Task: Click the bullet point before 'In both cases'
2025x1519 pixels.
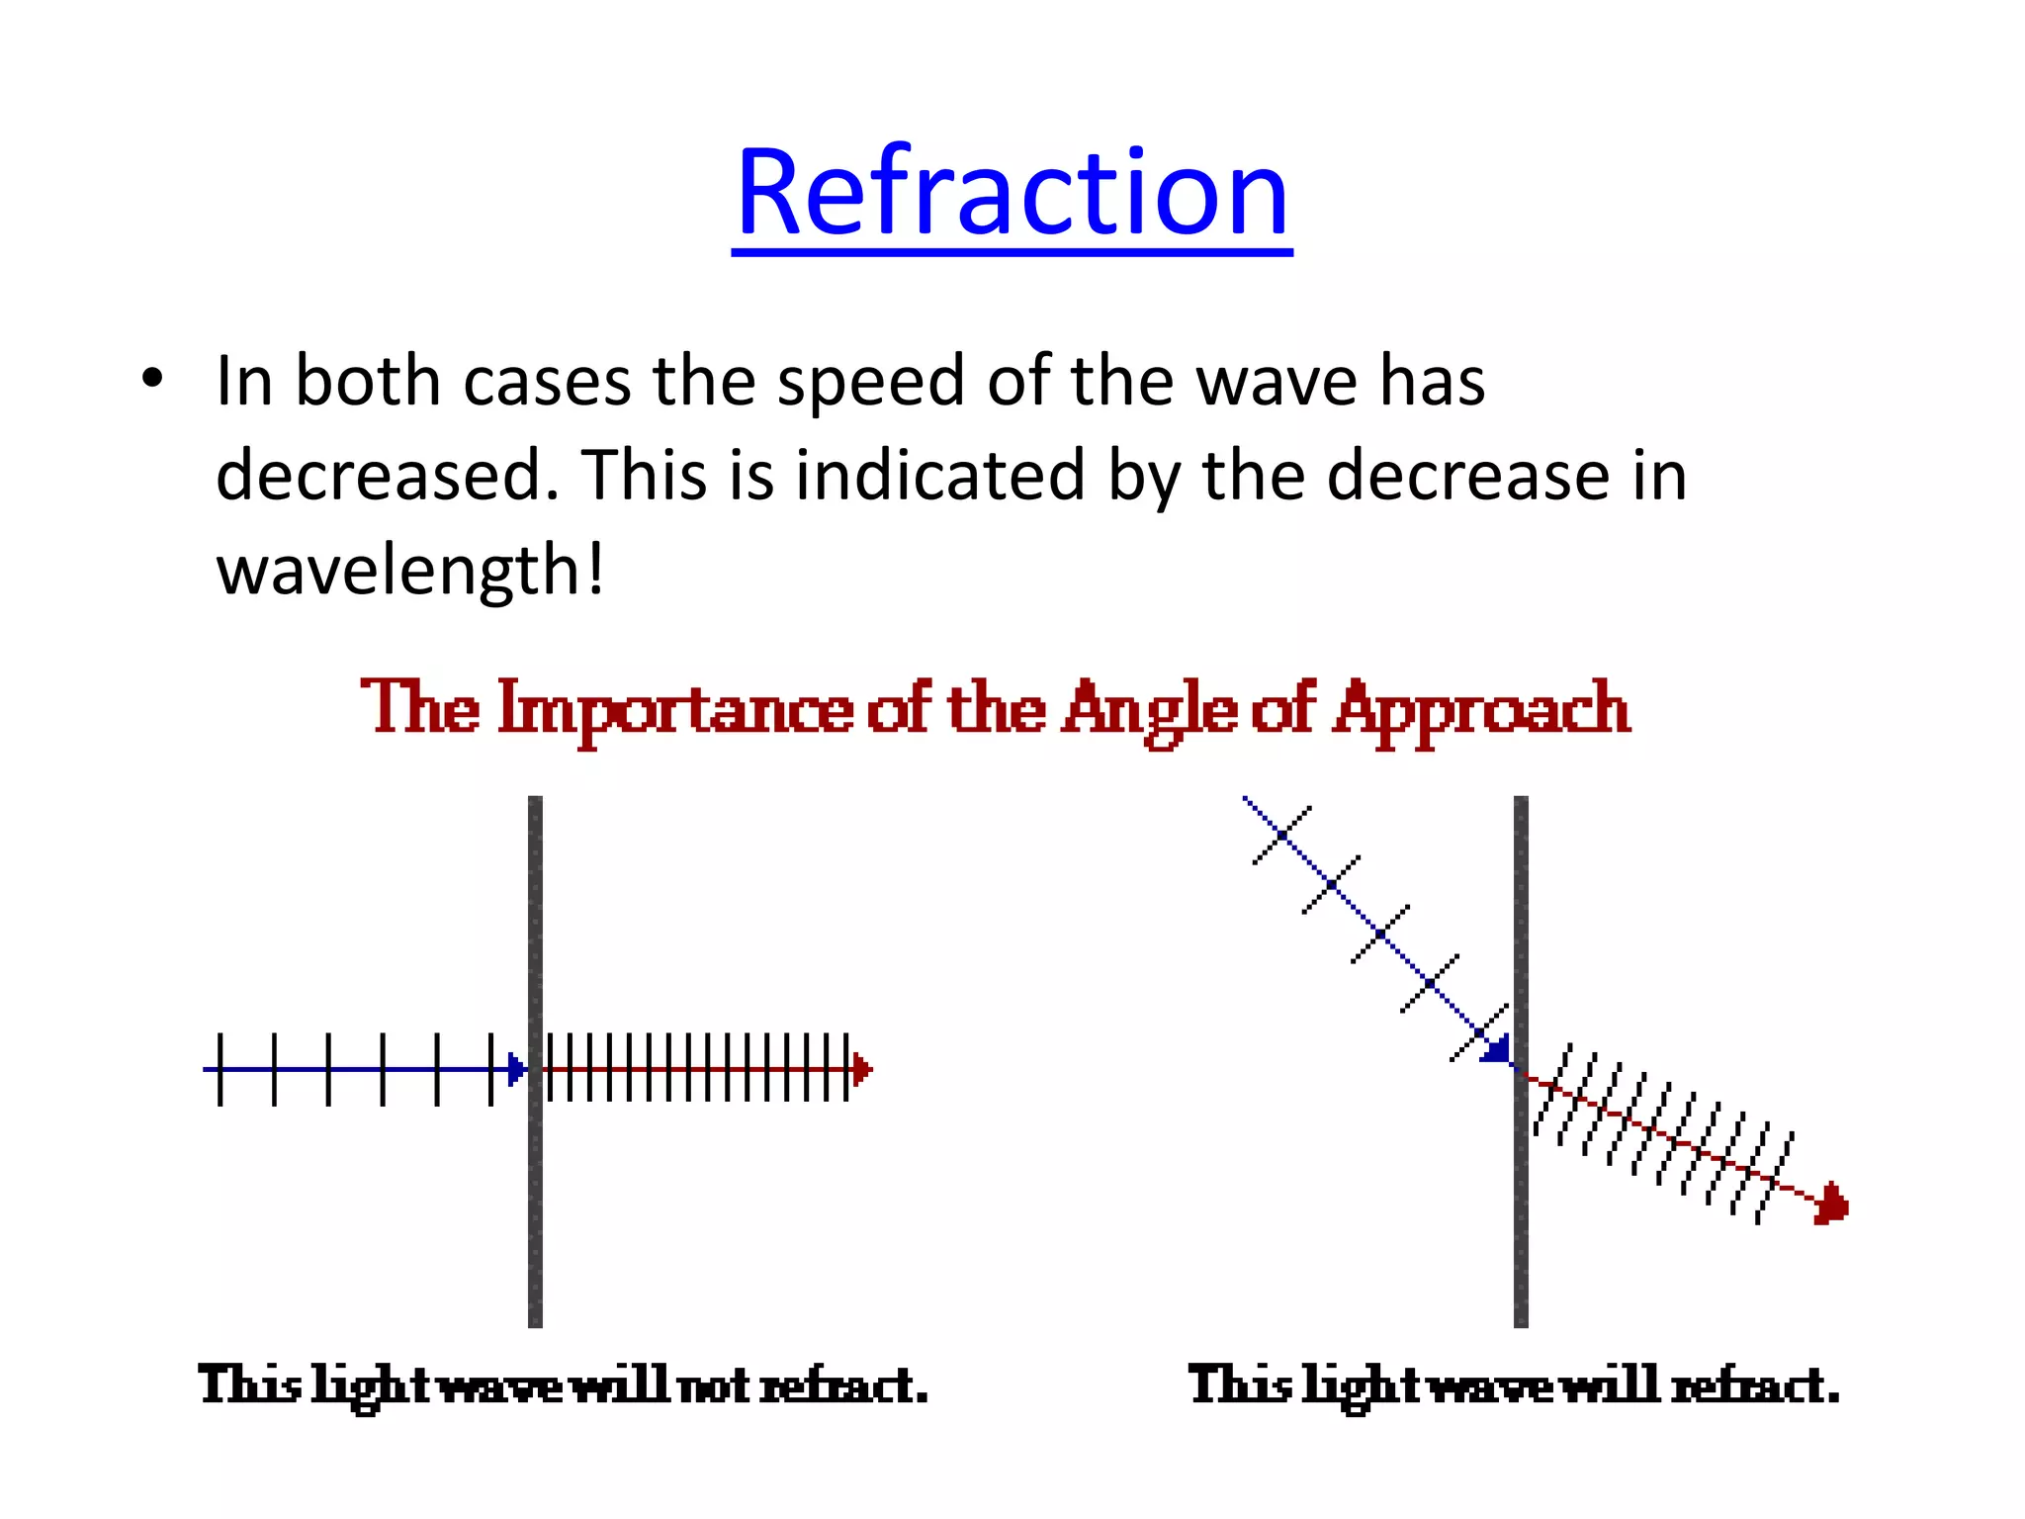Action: click(x=151, y=379)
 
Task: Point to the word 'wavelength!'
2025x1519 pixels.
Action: click(x=409, y=572)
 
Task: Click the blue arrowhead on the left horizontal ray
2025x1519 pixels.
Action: click(x=517, y=1069)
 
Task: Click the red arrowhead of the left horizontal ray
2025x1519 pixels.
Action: click(x=862, y=1069)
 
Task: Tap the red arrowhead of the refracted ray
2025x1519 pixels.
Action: click(x=1831, y=1205)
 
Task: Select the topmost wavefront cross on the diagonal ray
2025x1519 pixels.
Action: click(x=1281, y=836)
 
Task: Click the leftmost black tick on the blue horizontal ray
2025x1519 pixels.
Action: click(x=220, y=1069)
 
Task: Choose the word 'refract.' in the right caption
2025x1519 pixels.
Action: click(x=1754, y=1385)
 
